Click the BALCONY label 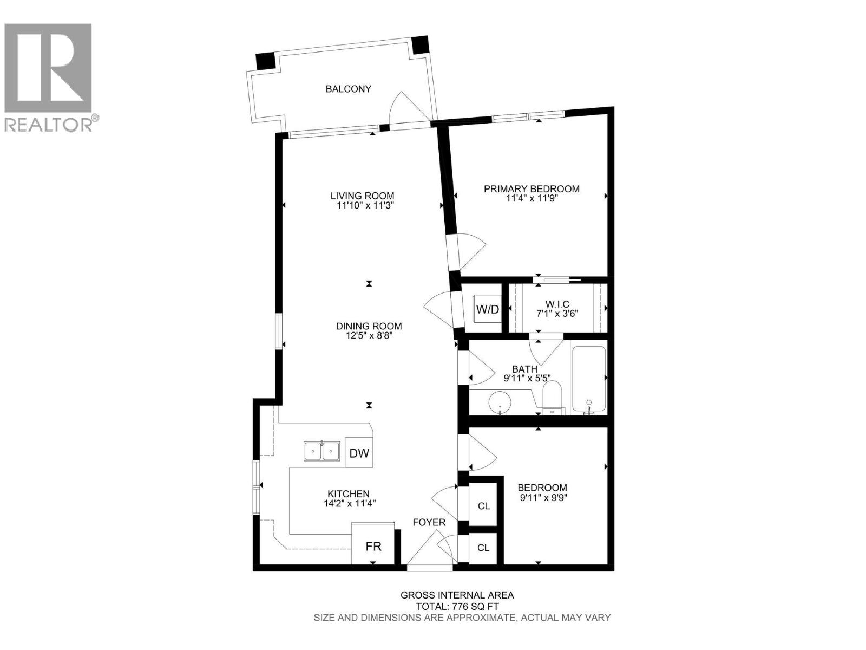348,89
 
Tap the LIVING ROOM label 362,196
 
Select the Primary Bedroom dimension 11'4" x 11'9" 531,198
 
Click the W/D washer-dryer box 487,309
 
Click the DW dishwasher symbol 359,453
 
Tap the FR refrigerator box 373,546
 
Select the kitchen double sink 322,451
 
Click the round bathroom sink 500,403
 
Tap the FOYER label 429,522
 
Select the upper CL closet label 483,506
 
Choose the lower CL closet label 483,548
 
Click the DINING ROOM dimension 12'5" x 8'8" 369,335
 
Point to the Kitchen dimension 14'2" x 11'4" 349,503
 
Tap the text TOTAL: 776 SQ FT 457,607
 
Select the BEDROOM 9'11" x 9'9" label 542,492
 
